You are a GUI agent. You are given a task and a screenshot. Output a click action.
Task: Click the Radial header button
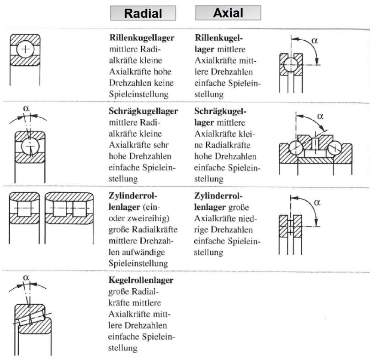click(143, 13)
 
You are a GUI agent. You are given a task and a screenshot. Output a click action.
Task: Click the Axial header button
click(228, 13)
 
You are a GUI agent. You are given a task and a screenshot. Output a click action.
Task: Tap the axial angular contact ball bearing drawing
click(315, 148)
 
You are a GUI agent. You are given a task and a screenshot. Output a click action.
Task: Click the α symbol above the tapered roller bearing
click(26, 276)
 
